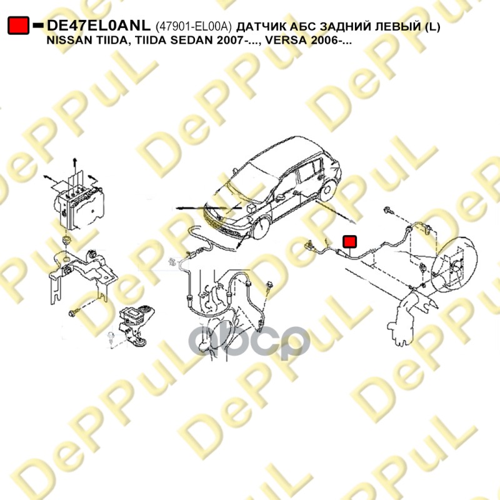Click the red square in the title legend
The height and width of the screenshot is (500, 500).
(18, 25)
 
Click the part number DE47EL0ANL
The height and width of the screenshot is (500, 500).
(99, 26)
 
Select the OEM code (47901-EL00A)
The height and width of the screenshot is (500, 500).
(193, 26)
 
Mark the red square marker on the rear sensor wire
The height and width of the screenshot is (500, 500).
(349, 241)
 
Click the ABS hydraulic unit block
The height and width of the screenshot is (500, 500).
(79, 207)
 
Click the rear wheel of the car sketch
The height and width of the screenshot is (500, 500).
(327, 191)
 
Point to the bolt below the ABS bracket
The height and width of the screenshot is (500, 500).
(72, 314)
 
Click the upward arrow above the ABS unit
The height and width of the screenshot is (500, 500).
(74, 169)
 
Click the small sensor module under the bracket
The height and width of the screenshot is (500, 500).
(136, 324)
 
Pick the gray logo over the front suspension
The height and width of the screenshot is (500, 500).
(249, 341)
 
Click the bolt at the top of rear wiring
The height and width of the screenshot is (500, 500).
(389, 210)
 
